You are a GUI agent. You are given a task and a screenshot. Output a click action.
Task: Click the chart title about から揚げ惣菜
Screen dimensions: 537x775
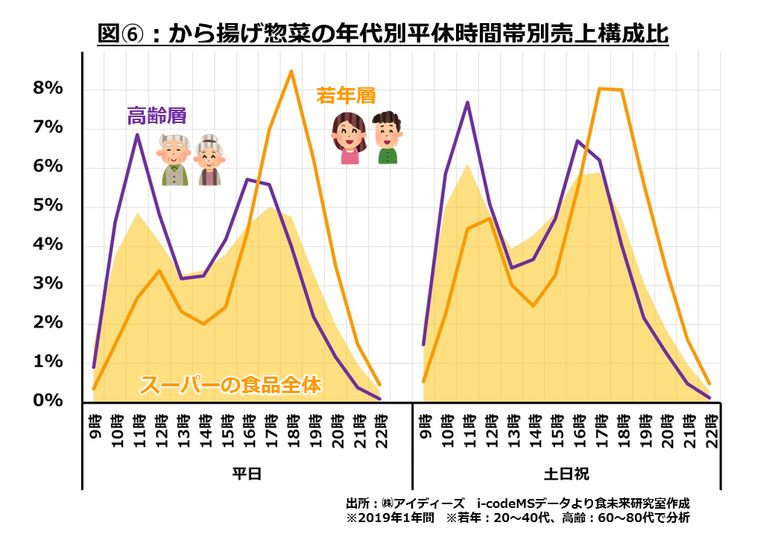pyautogui.click(x=383, y=34)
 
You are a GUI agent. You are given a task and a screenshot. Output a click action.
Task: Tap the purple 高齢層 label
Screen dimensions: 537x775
pyautogui.click(x=156, y=116)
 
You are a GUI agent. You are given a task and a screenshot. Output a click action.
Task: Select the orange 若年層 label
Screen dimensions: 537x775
pyautogui.click(x=345, y=95)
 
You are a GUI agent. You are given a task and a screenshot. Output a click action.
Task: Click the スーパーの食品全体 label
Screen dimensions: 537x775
pyautogui.click(x=230, y=386)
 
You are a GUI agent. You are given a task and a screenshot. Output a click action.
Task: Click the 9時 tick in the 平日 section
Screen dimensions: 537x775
pyautogui.click(x=94, y=425)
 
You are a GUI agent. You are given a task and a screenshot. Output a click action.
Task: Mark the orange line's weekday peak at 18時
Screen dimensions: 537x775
pyautogui.click(x=291, y=71)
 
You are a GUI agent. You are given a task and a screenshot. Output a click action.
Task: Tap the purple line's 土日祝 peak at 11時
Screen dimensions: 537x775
pyautogui.click(x=467, y=102)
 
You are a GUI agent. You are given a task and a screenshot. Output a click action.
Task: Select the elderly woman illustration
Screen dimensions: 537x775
pyautogui.click(x=209, y=160)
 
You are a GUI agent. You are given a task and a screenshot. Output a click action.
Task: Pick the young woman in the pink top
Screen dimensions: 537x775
pyautogui.click(x=349, y=137)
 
